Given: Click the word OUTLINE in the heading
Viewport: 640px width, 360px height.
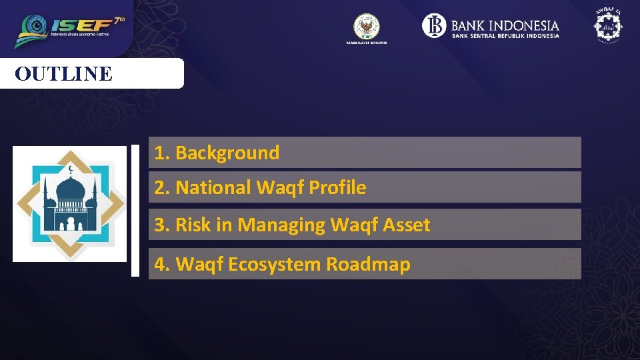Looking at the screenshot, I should [x=64, y=73].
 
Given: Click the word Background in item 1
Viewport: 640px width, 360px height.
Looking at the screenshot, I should [x=227, y=153].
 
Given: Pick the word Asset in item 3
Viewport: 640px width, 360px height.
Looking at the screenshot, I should [x=407, y=225].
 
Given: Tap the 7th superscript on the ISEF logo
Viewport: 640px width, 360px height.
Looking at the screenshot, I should [x=119, y=20].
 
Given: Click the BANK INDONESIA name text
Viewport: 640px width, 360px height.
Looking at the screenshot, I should [x=505, y=26].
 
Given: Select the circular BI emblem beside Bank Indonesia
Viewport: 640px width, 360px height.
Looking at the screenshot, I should [x=434, y=26].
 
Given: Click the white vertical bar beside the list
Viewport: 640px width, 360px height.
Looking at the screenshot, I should [x=135, y=209].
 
